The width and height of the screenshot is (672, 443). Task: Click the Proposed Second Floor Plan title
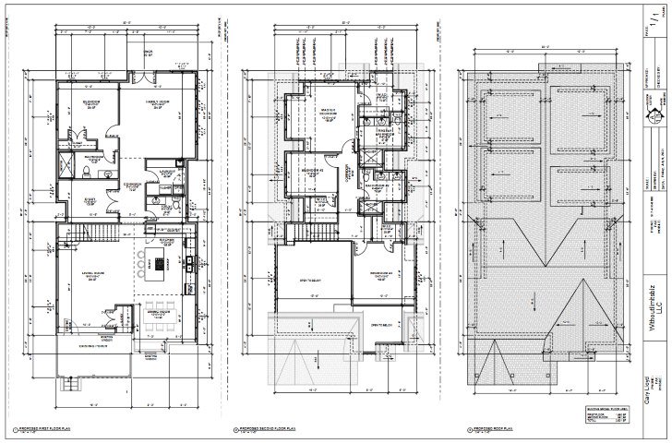(268, 430)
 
